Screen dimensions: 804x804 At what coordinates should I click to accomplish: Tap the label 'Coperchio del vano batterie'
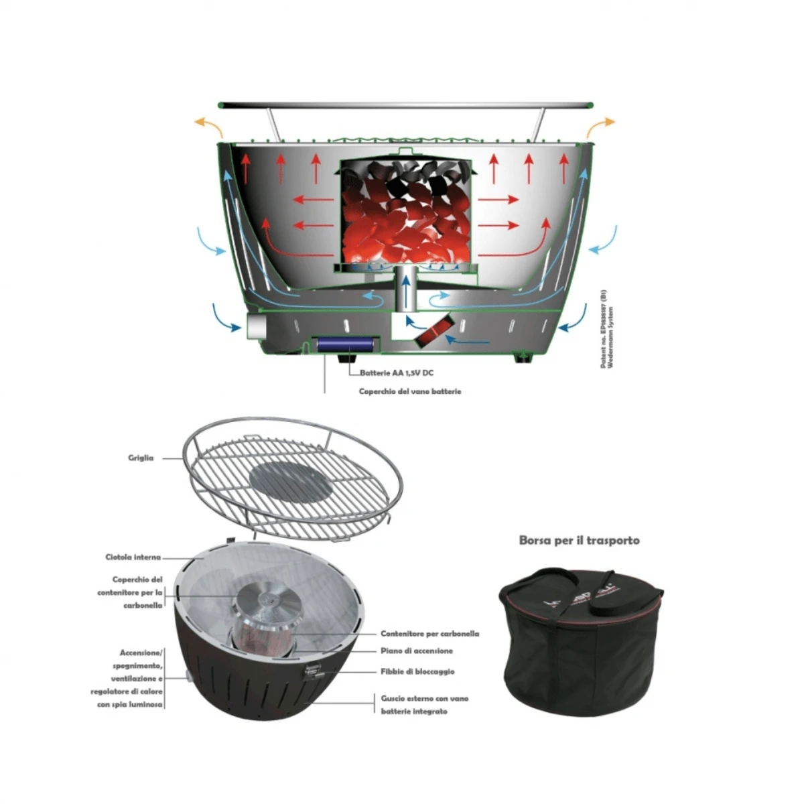[x=410, y=391]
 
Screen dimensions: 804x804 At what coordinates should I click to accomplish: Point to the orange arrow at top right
[x=601, y=125]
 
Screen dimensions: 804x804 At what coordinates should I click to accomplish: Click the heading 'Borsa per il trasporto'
[x=579, y=540]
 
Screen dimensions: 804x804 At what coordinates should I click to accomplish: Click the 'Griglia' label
[x=141, y=458]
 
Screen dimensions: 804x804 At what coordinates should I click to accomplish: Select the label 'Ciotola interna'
[x=133, y=557]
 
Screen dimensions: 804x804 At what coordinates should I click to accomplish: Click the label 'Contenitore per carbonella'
[x=429, y=633]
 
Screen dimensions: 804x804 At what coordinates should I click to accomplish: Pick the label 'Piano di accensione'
[x=417, y=651]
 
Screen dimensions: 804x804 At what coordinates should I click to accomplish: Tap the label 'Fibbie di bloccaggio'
[x=417, y=671]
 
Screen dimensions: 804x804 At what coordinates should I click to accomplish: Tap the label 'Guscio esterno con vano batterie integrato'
[x=424, y=705]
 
